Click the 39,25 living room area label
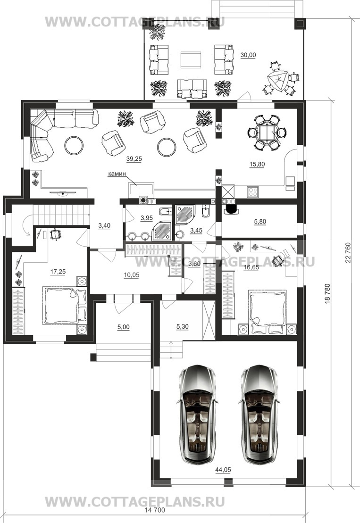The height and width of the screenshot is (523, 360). (x=134, y=159)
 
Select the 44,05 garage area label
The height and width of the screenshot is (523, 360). (x=223, y=470)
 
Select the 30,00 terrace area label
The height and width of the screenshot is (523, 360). (x=248, y=55)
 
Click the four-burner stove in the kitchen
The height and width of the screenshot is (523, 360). (x=253, y=191)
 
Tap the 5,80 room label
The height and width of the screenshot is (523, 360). (x=260, y=222)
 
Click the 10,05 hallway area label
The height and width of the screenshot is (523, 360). (x=132, y=275)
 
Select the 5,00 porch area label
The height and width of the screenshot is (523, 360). (x=124, y=327)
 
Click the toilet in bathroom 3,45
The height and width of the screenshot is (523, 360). (x=205, y=211)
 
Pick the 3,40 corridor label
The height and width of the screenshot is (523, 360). (x=104, y=226)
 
